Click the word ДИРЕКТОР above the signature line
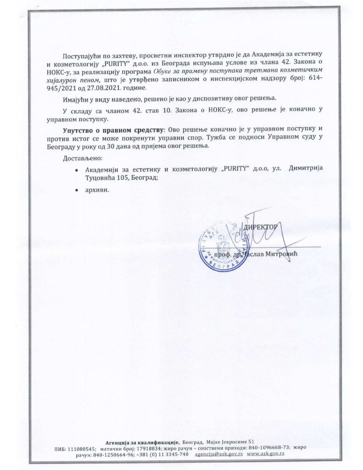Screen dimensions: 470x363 tap(261, 227)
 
